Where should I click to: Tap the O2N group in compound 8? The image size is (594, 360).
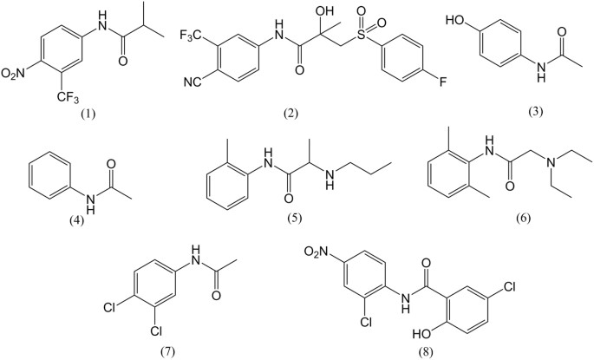click(318, 253)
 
